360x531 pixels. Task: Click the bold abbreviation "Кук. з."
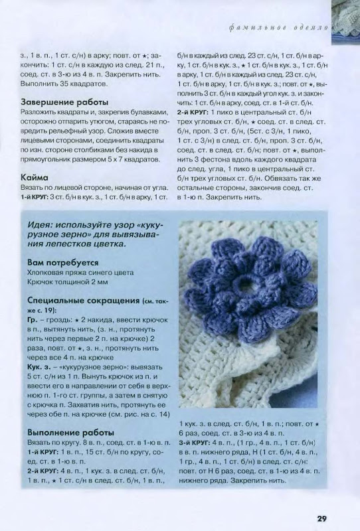pyautogui.click(x=41, y=366)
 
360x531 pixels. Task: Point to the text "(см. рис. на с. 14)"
pyautogui.click(x=132, y=413)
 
